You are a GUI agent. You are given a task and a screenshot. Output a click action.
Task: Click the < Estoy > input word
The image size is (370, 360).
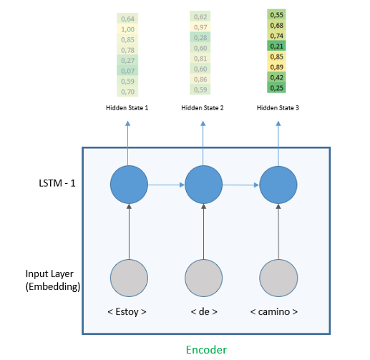130,312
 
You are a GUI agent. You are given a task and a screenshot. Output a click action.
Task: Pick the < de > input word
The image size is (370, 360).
203,312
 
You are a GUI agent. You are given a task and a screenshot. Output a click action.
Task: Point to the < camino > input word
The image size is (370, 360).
278,312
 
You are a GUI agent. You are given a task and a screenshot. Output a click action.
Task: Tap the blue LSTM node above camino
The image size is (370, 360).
278,185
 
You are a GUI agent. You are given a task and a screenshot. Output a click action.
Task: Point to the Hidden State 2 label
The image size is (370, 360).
203,108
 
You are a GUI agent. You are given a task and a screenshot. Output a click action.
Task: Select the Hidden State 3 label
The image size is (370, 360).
277,108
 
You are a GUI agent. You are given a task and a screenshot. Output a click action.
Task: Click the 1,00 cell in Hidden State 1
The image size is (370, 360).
128,29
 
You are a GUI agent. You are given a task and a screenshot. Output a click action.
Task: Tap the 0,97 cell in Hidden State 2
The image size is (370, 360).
200,26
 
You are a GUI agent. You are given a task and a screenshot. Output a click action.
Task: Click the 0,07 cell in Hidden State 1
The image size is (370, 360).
128,71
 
